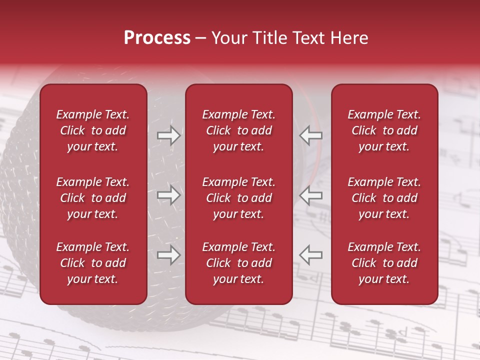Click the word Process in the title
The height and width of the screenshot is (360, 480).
click(x=157, y=38)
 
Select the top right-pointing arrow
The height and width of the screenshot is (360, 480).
click(x=169, y=135)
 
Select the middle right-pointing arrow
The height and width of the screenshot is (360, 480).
click(x=169, y=195)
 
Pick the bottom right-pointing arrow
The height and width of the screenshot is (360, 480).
click(x=169, y=255)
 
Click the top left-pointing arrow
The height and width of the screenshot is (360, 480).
click(x=310, y=135)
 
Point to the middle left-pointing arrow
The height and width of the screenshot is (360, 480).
click(x=310, y=195)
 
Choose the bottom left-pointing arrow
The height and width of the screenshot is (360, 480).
click(x=310, y=255)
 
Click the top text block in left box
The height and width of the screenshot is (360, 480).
click(x=93, y=130)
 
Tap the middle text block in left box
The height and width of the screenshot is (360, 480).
click(x=93, y=198)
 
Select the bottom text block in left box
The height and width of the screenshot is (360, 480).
click(x=93, y=263)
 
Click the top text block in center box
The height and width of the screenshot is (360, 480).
click(x=239, y=130)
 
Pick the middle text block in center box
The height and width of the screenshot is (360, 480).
click(x=239, y=198)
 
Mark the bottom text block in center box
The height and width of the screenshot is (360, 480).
click(x=239, y=263)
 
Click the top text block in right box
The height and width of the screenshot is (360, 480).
click(x=384, y=130)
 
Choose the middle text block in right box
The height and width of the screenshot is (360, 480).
click(x=384, y=198)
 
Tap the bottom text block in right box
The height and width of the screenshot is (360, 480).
click(x=384, y=263)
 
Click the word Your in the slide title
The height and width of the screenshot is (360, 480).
click(x=228, y=38)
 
